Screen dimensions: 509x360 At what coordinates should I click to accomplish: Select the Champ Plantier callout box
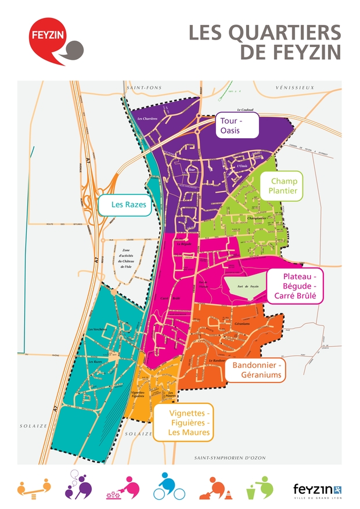coord(283,186)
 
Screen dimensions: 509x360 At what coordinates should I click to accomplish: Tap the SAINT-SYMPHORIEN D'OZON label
coord(230,458)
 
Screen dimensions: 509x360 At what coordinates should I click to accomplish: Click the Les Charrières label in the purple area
coord(147,119)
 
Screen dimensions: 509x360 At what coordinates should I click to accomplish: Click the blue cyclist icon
coord(169,486)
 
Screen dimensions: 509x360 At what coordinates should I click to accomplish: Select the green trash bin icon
coord(258,487)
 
